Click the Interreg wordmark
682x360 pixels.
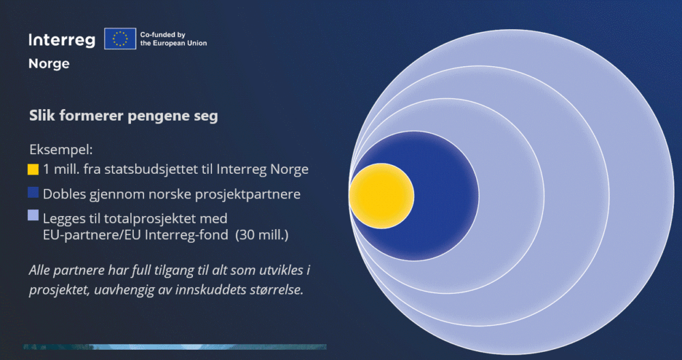pos(62,40)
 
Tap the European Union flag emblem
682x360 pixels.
pos(120,39)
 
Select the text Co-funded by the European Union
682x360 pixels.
pos(173,39)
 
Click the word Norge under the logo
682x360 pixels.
pos(49,64)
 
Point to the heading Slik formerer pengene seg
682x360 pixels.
pos(123,116)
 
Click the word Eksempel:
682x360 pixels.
pos(61,150)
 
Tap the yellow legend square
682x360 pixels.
pos(33,169)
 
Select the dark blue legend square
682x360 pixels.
pos(33,192)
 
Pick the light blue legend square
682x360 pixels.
pos(33,215)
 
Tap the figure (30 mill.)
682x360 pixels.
pos(262,235)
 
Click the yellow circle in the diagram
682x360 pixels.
pos(381,196)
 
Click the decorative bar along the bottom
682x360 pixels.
pos(175,347)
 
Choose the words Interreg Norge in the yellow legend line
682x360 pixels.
pos(263,170)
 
